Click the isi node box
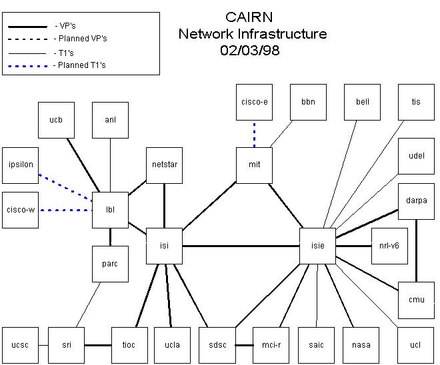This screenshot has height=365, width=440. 165,246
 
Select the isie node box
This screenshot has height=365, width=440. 318,246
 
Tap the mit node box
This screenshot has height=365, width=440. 255,165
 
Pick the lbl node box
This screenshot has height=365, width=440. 111,210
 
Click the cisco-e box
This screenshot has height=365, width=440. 255,102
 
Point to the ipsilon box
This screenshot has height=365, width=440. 21,165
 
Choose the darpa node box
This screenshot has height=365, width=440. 416,200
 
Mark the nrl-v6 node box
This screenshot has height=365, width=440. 389,246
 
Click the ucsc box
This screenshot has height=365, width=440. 20,345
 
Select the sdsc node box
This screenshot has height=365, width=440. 217,345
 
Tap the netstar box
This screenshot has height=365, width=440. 164,165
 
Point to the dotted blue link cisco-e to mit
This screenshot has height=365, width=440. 255,134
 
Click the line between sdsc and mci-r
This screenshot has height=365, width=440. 244,345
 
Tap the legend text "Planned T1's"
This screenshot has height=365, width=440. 80,65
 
